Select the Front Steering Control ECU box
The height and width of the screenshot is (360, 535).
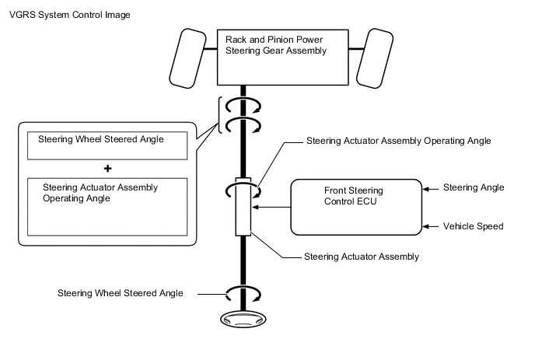(x=356, y=207)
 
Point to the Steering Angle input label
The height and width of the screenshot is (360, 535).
(x=474, y=187)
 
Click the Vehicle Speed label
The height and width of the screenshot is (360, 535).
(x=474, y=226)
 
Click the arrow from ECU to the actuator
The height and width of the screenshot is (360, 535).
(x=273, y=208)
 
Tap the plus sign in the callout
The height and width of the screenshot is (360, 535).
(x=108, y=167)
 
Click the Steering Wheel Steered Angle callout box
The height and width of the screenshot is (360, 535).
(x=107, y=144)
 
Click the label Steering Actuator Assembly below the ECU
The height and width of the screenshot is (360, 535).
(x=351, y=256)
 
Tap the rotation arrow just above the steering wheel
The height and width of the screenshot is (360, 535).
(x=243, y=294)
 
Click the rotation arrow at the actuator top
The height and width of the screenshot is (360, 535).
(x=243, y=189)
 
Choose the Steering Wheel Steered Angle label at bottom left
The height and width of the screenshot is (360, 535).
(x=121, y=293)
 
